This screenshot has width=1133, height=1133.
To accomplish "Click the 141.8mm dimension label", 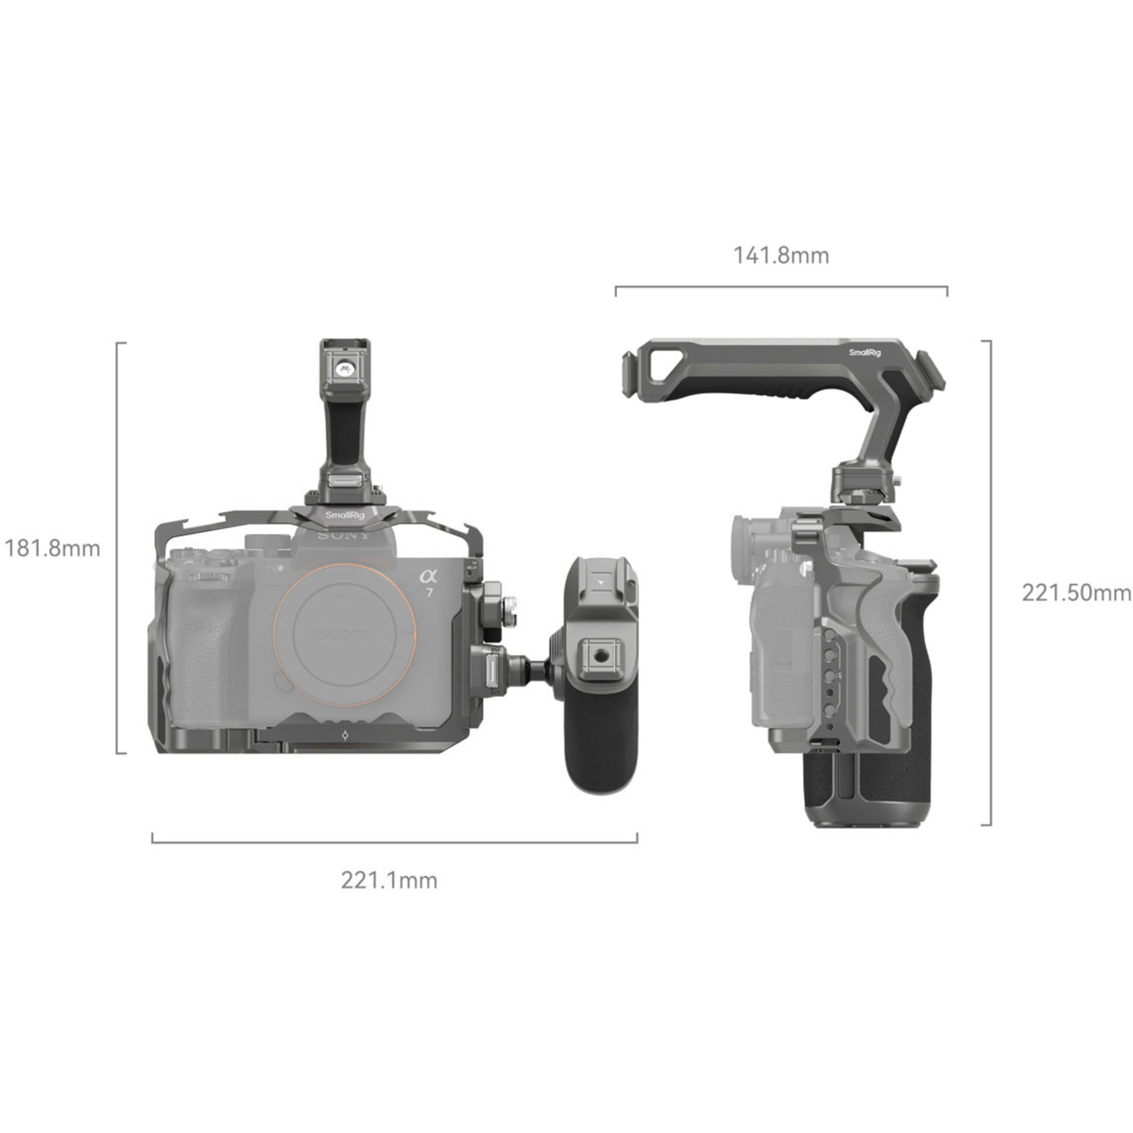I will coord(780,255).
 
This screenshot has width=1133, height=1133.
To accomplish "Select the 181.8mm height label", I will coord(52,548).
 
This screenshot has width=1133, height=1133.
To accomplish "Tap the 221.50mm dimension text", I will coord(1076,592).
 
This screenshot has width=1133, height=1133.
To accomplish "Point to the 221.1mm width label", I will coord(389,880).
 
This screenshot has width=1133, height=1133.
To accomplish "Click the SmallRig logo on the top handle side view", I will coord(864,353).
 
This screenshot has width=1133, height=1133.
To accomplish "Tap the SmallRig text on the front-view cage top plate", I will coord(344,515).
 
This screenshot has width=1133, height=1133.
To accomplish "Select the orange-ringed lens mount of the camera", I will coord(345,628).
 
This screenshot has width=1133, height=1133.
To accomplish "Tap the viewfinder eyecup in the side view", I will coord(744,541).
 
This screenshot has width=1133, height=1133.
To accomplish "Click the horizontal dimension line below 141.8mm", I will coord(780,287).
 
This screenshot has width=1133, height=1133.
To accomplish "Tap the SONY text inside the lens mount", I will coord(344,633).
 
